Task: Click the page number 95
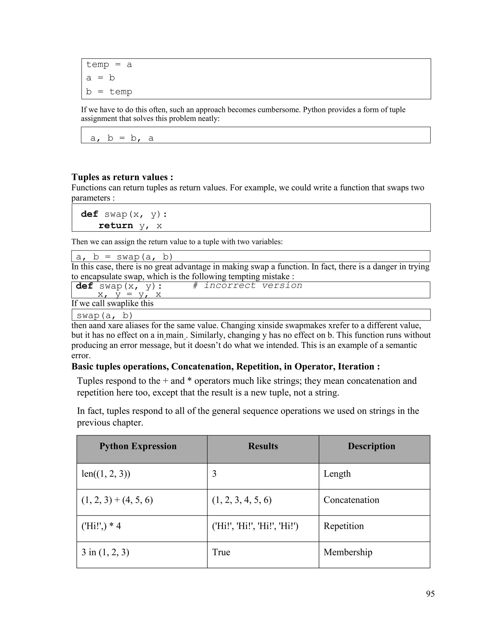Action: [430, 594]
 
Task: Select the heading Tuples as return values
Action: [122, 177]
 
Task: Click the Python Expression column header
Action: [138, 446]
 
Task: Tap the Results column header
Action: [263, 446]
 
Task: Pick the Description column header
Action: [371, 446]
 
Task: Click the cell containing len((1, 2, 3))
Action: [106, 474]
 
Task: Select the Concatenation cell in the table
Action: [351, 500]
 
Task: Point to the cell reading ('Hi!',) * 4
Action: [101, 526]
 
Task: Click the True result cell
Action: [221, 552]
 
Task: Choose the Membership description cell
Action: [348, 552]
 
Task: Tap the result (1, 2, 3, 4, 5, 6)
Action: [241, 500]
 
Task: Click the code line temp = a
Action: [109, 65]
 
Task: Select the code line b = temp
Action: [109, 92]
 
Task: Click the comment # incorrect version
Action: [247, 285]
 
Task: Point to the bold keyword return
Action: [116, 226]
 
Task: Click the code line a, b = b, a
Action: [122, 138]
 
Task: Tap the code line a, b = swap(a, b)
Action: [124, 257]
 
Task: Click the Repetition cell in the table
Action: [344, 526]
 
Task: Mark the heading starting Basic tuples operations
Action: [226, 366]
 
